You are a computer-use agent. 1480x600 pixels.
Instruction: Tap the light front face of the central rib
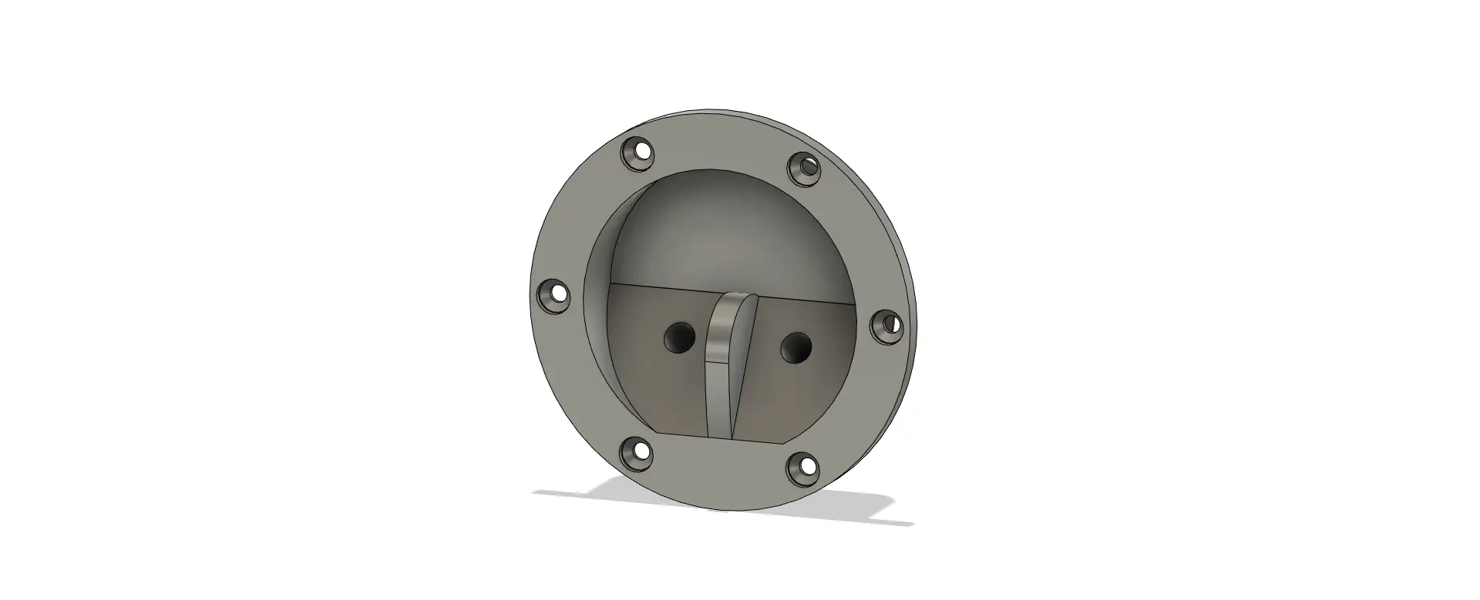pyautogui.click(x=719, y=362)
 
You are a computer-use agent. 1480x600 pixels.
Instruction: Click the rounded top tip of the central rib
pyautogui.click(x=732, y=298)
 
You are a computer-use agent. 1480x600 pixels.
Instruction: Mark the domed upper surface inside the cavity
pyautogui.click(x=717, y=231)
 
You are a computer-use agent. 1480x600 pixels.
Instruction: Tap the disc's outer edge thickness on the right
pyautogui.click(x=909, y=277)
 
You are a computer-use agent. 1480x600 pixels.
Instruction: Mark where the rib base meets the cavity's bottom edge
pyautogui.click(x=721, y=437)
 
